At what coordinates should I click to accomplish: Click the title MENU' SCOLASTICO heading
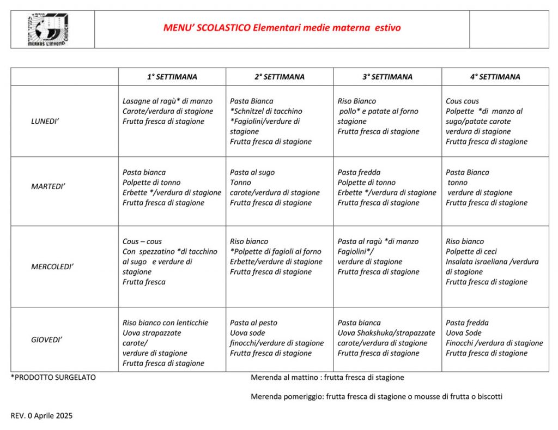click(x=282, y=28)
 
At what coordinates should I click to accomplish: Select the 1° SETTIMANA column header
click(x=172, y=77)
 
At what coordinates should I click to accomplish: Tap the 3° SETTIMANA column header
click(x=387, y=77)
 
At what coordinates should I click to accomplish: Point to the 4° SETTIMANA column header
click(x=495, y=77)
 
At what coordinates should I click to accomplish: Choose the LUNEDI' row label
click(x=45, y=121)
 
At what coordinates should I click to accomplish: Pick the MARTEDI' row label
click(x=48, y=186)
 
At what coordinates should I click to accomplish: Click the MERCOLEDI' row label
click(x=52, y=267)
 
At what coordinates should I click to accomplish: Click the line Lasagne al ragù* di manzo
click(x=167, y=101)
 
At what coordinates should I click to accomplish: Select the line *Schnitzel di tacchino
click(x=266, y=111)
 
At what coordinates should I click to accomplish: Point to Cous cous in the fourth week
click(x=462, y=101)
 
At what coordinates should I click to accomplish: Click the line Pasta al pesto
click(x=253, y=323)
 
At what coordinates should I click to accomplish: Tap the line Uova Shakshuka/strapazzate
click(x=386, y=333)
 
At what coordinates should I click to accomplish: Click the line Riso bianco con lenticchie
click(x=165, y=323)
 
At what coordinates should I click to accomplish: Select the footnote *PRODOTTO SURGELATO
click(x=53, y=377)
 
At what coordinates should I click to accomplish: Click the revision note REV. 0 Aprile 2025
click(x=41, y=415)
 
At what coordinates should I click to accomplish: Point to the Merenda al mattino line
click(x=327, y=377)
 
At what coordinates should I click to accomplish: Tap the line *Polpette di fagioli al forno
click(x=275, y=251)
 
